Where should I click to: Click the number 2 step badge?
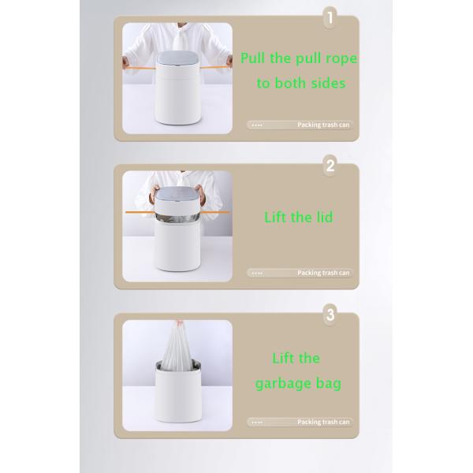(x=330, y=166)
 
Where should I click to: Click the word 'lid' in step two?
(x=323, y=218)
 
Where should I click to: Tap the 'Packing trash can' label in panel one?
(x=322, y=125)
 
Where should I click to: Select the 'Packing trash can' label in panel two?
(x=322, y=273)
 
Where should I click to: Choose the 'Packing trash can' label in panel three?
(x=322, y=422)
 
